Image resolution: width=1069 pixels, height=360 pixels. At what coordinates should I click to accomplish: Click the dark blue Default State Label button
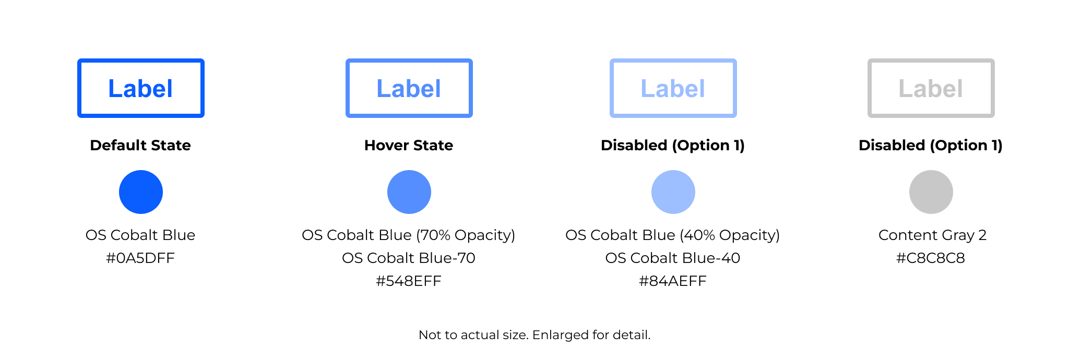(141, 88)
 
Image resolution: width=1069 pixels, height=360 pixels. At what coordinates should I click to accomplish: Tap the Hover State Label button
(409, 88)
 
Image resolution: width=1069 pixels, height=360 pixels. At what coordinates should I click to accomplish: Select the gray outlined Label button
(931, 88)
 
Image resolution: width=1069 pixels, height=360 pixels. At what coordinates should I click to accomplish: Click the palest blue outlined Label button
(673, 88)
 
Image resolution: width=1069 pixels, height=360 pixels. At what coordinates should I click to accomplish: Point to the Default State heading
(140, 145)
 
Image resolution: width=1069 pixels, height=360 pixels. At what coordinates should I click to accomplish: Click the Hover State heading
(409, 145)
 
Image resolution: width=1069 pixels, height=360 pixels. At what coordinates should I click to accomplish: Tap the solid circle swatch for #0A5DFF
(141, 192)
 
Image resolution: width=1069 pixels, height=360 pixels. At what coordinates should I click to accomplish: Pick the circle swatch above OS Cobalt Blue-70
(409, 192)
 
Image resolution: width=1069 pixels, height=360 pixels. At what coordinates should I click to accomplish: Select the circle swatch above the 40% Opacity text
(673, 192)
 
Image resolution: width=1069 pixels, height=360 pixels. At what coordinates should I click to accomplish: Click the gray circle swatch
(931, 192)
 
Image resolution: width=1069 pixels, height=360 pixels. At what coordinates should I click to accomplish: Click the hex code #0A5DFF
(140, 258)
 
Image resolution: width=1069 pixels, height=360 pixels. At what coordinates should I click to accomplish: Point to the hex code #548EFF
(409, 281)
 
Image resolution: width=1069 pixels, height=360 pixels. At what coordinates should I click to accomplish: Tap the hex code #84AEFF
(673, 281)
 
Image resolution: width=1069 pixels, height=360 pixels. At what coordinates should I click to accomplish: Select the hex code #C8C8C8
(931, 258)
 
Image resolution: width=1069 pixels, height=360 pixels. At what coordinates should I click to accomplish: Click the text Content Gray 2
(932, 235)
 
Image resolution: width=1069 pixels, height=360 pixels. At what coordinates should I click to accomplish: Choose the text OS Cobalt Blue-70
(409, 258)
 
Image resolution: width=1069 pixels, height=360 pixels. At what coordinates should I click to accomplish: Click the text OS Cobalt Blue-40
(673, 258)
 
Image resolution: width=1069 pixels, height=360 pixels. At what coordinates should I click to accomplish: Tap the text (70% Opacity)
(466, 235)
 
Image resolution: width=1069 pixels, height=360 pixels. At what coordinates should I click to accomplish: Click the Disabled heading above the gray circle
(931, 145)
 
